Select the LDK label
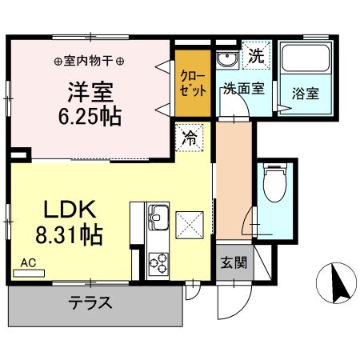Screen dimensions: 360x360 click(69, 210)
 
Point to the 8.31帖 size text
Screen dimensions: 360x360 click(69, 236)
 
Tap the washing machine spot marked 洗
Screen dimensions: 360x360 click(255, 57)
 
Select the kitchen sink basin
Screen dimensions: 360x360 click(156, 216)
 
